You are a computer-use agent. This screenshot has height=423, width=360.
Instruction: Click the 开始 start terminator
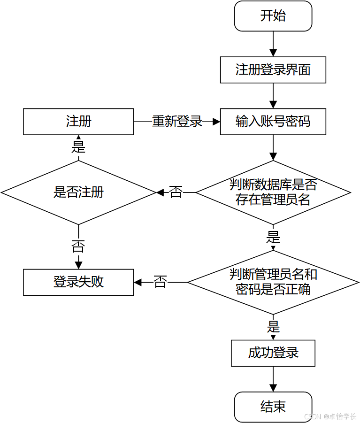point(273,16)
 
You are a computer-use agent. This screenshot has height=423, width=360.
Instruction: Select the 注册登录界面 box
point(273,69)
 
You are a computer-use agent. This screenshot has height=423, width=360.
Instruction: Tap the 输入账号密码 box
point(273,122)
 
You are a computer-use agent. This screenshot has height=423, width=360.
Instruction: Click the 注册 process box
point(78,122)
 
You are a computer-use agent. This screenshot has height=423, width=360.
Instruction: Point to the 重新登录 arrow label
point(177,121)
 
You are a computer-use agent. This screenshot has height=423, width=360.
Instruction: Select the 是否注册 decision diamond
point(78,192)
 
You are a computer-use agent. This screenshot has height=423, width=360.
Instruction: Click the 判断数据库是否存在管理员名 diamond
point(273,192)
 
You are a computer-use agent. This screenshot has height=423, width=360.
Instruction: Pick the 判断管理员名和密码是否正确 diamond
point(273,283)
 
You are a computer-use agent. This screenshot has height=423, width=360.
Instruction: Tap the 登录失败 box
point(78,282)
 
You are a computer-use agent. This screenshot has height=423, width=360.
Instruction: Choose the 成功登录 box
point(273,353)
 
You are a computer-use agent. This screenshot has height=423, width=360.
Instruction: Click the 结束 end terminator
point(273,407)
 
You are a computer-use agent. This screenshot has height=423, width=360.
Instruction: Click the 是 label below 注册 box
point(78,147)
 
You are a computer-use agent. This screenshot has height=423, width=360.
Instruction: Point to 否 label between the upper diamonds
point(176,192)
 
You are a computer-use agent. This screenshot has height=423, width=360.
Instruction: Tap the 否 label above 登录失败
point(78,246)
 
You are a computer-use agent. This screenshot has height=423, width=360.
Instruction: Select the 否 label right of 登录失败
point(160,282)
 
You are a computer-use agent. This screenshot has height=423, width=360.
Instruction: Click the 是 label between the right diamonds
point(273,237)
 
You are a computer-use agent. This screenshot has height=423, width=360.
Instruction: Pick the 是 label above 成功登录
point(273,326)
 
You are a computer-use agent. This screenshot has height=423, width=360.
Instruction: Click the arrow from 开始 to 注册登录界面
point(273,44)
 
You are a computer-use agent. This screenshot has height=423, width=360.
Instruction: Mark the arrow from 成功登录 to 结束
point(273,379)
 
